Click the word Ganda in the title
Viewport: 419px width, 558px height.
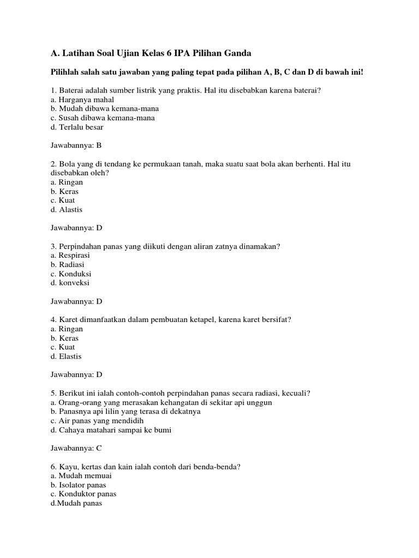(237, 53)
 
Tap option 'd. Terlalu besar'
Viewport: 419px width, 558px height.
(76, 127)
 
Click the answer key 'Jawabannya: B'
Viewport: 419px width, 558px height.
(76, 145)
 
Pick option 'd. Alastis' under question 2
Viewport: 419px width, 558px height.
(67, 209)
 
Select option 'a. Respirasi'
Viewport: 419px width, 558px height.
(70, 255)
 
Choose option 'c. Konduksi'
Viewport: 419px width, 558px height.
(70, 274)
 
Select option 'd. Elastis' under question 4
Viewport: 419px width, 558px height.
(66, 356)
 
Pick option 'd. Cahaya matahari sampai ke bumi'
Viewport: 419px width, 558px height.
(110, 430)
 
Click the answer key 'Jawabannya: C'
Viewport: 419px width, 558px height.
(76, 448)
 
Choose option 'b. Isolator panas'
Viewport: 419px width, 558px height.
(78, 485)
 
